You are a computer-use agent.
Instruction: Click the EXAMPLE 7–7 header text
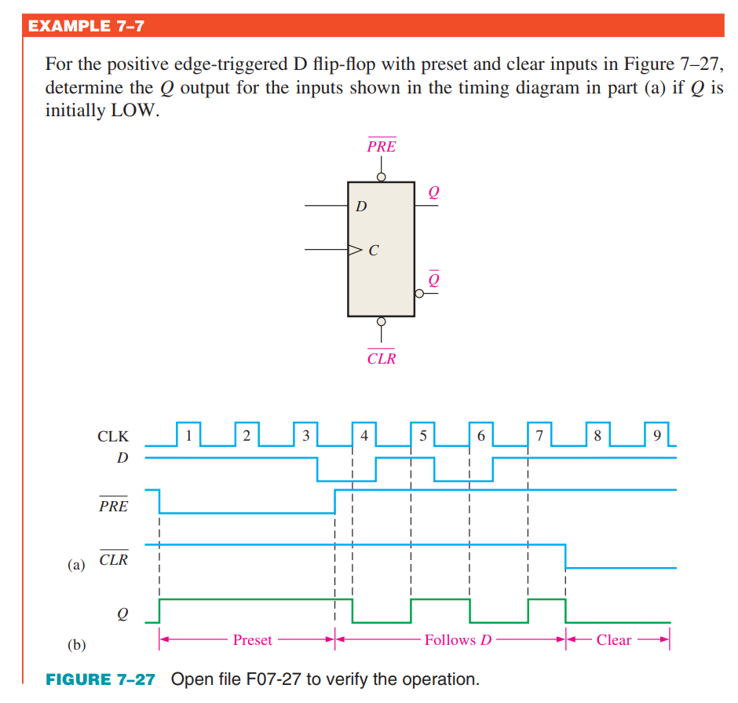tap(86, 26)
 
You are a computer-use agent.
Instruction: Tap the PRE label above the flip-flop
tap(382, 147)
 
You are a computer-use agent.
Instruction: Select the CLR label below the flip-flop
tap(382, 359)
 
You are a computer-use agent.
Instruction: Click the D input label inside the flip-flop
tap(360, 207)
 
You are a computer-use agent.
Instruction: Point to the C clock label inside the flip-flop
tap(373, 251)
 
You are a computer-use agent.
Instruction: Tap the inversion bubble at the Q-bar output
tap(420, 293)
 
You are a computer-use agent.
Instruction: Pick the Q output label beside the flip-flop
tap(433, 192)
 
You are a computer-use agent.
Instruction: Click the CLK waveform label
tap(113, 437)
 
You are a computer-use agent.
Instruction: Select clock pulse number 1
tap(188, 434)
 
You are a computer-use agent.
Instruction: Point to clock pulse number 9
tap(656, 434)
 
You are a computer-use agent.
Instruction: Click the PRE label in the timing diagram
tap(113, 507)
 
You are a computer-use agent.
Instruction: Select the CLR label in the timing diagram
tap(113, 561)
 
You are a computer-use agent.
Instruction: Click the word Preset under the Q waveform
tap(252, 640)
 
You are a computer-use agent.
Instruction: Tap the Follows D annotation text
tap(458, 640)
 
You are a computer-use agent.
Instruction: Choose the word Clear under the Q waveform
tap(613, 640)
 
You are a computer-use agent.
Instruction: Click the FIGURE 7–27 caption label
tap(100, 679)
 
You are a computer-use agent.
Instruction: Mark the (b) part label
tap(76, 645)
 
